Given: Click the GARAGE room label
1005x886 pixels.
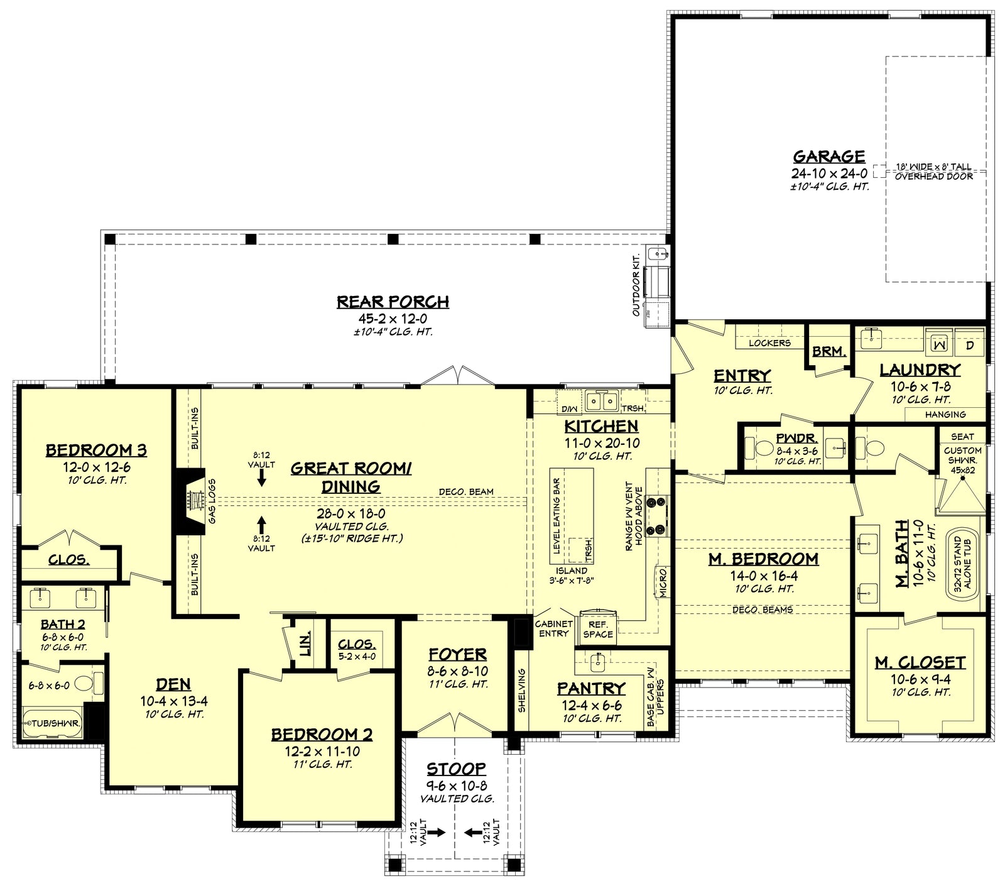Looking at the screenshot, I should coord(828,156).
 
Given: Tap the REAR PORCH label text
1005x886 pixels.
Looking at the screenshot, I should coord(393,302).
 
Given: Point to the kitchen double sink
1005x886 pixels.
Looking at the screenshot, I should coord(601,400).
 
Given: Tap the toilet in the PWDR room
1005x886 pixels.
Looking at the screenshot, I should coord(763,448).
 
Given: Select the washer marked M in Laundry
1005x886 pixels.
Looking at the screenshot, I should coord(938,344).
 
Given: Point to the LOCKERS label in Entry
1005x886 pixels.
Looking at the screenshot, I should coord(769,343).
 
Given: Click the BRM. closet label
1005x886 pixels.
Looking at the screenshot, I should coord(828,352).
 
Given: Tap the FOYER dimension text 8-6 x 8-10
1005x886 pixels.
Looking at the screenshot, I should coord(457,671).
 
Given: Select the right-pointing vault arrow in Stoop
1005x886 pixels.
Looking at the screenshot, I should coord(437,833).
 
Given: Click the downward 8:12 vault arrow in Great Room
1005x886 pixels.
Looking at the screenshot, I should coord(261,479).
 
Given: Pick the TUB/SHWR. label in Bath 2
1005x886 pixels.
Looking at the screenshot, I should coord(55,723).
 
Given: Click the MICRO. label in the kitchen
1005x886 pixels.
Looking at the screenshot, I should coord(663,582).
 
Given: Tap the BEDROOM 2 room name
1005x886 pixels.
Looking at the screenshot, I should coord(322,735).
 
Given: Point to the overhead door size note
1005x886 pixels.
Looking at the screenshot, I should coord(933,172).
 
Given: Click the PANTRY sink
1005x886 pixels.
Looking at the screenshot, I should coord(598,661).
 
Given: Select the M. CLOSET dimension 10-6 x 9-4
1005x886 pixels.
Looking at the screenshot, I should coord(920,679).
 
